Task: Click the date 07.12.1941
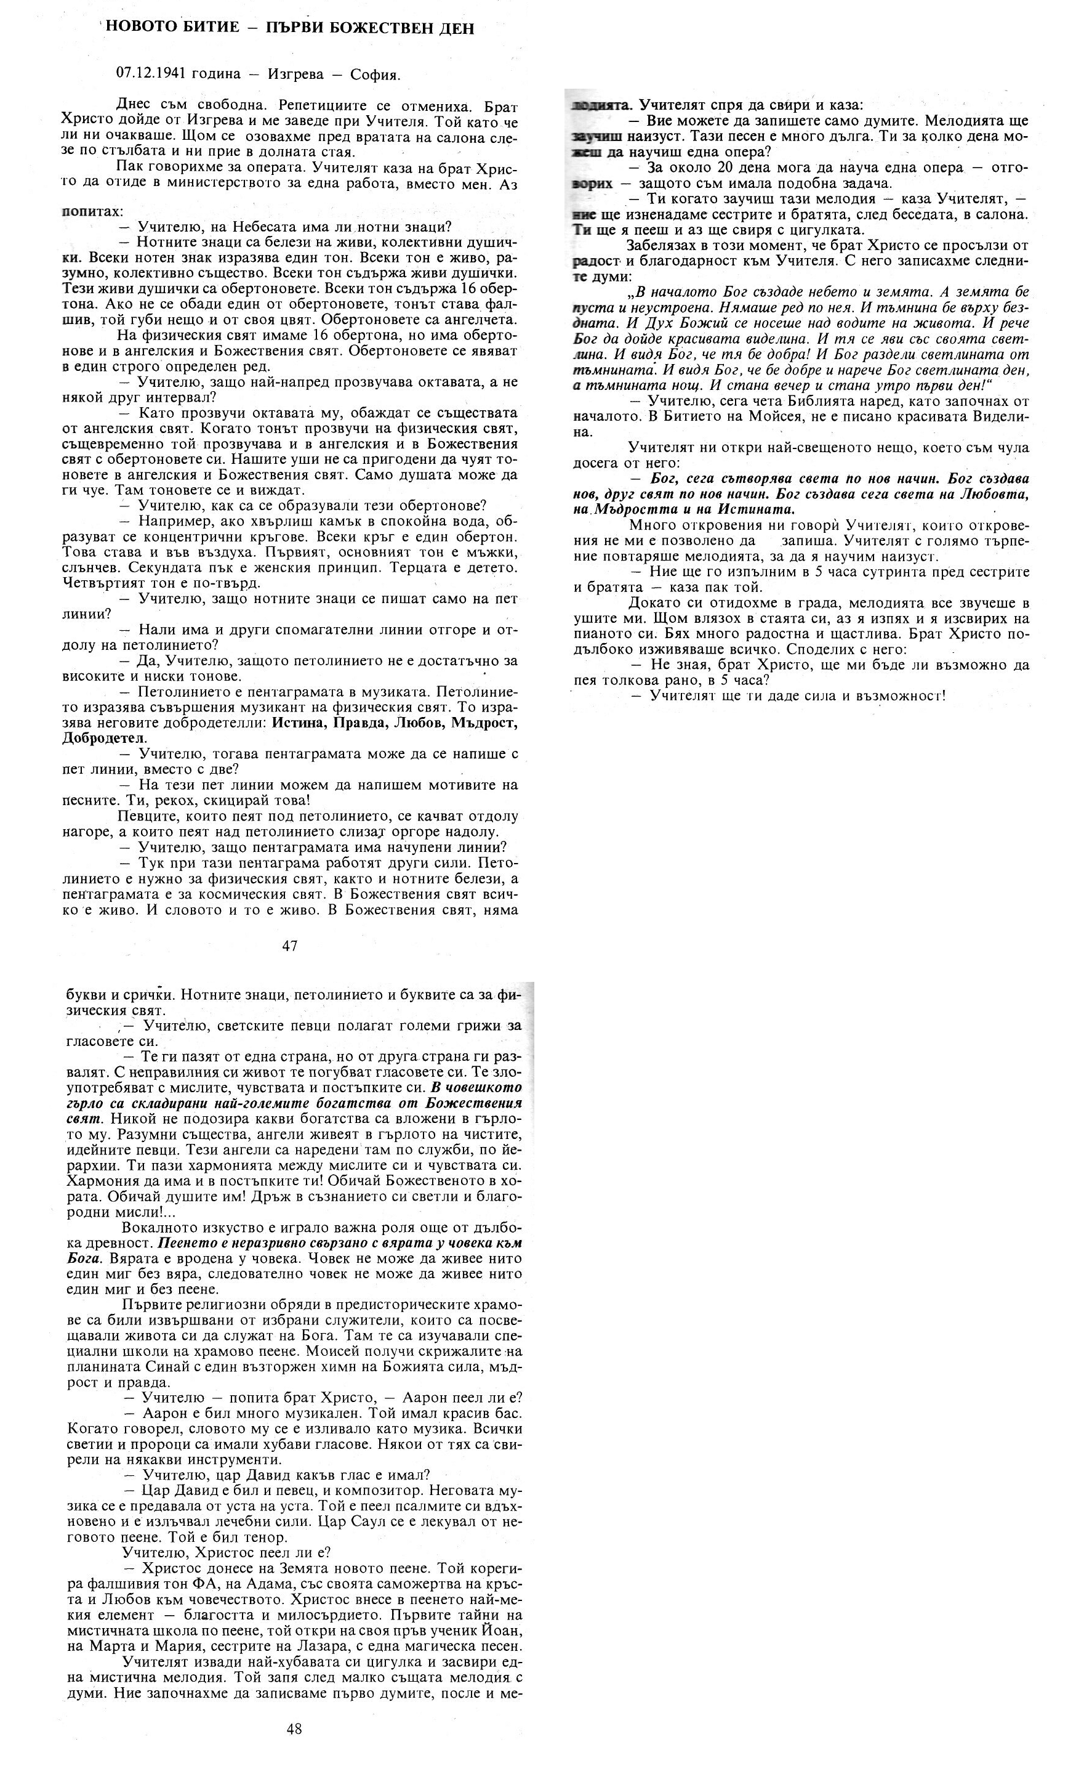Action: point(150,74)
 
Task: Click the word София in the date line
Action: point(374,74)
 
